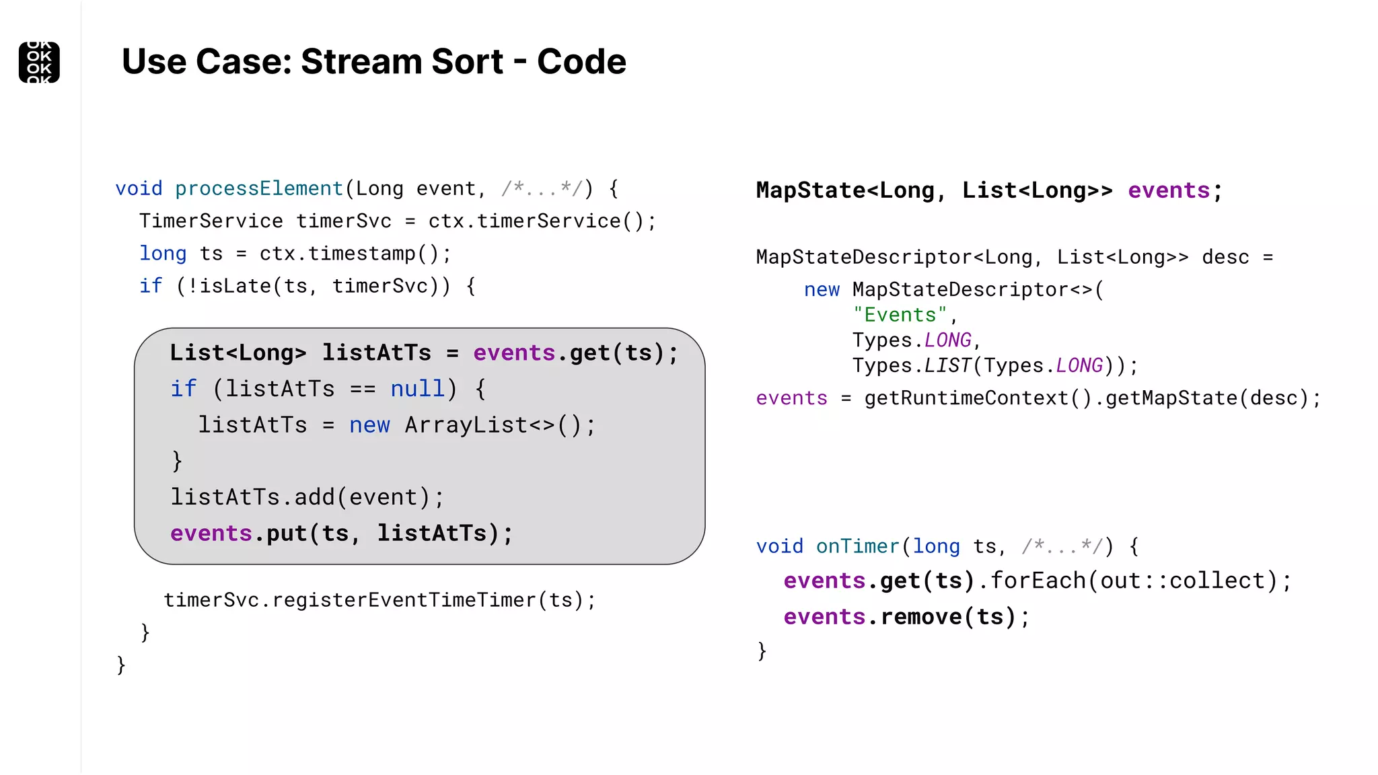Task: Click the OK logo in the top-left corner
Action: coord(39,62)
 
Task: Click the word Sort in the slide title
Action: coord(467,62)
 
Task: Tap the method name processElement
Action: coord(259,188)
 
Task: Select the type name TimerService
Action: coord(211,221)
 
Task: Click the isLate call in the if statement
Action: coord(229,286)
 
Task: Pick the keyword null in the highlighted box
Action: coord(417,389)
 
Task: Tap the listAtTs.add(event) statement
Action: coord(307,497)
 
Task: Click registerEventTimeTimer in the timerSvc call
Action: coord(404,599)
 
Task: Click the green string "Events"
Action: coord(900,315)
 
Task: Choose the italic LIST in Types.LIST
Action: coord(947,365)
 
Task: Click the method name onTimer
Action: coord(857,546)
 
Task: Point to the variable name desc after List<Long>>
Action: coord(1225,257)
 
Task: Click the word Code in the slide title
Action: coord(581,62)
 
